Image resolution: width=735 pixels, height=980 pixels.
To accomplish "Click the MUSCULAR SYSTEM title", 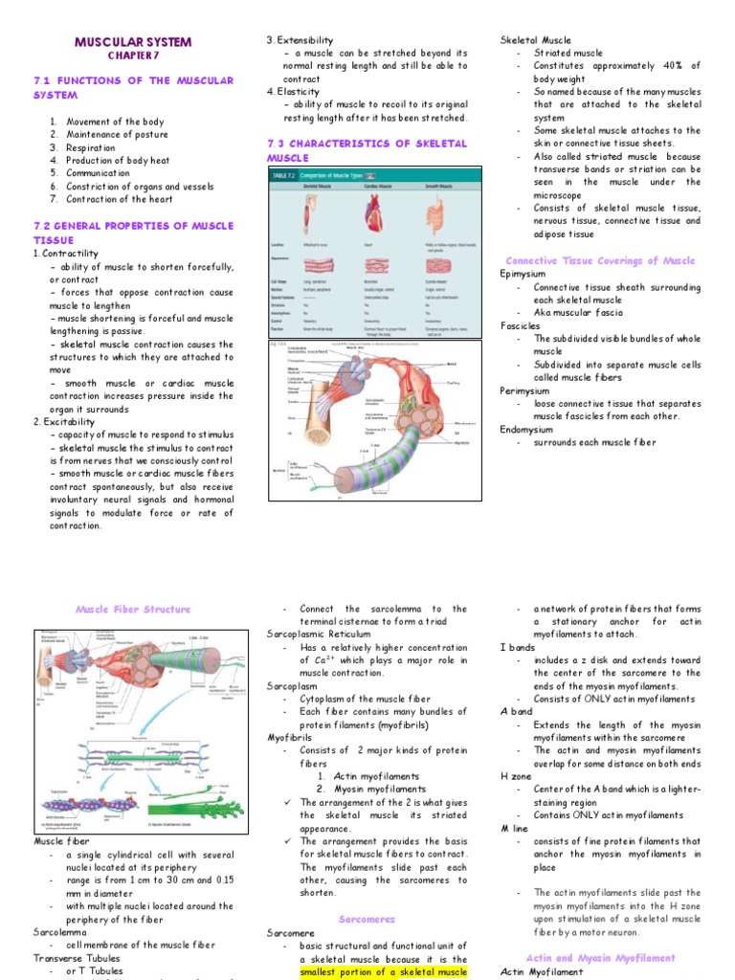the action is pos(133,42).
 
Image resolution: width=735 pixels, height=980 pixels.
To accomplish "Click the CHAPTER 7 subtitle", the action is pos(133,56).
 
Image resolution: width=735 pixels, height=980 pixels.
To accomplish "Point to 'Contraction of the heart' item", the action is pos(120,199).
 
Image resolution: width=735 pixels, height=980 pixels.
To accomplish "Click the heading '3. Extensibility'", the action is pos(300,39).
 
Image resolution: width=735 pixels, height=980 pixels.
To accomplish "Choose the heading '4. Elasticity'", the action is pos(293,92).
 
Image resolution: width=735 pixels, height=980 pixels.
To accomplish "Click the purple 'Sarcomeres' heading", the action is pos(367,919).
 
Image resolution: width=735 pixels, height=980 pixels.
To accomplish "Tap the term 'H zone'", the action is pos(518,776).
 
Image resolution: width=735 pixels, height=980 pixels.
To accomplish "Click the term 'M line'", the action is pos(516,828).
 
